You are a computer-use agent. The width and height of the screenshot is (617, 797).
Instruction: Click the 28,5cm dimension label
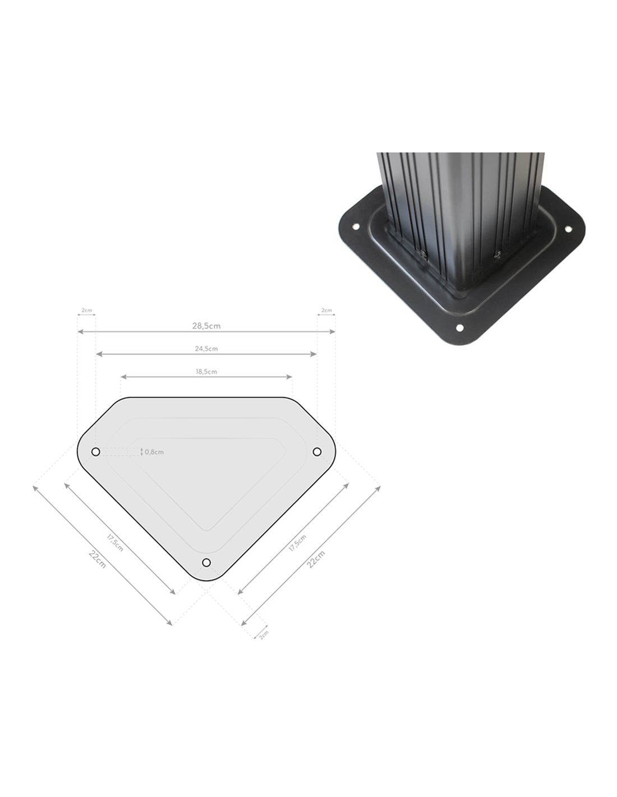(206, 326)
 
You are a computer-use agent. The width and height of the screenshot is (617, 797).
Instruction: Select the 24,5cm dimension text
(206, 349)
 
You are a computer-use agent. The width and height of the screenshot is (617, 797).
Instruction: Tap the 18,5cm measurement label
(206, 372)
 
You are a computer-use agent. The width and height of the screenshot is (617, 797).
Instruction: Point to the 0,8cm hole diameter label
(154, 452)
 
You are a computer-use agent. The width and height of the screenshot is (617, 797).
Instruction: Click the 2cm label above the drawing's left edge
(86, 311)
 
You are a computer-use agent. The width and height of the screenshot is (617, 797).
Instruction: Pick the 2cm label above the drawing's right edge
(326, 311)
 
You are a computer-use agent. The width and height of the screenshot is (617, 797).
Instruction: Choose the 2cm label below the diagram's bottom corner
(264, 634)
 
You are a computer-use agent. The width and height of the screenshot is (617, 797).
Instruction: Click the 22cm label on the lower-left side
(97, 559)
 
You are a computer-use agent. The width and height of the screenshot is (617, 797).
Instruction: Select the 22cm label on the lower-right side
(316, 559)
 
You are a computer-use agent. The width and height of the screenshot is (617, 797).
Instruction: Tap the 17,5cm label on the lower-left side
(115, 543)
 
